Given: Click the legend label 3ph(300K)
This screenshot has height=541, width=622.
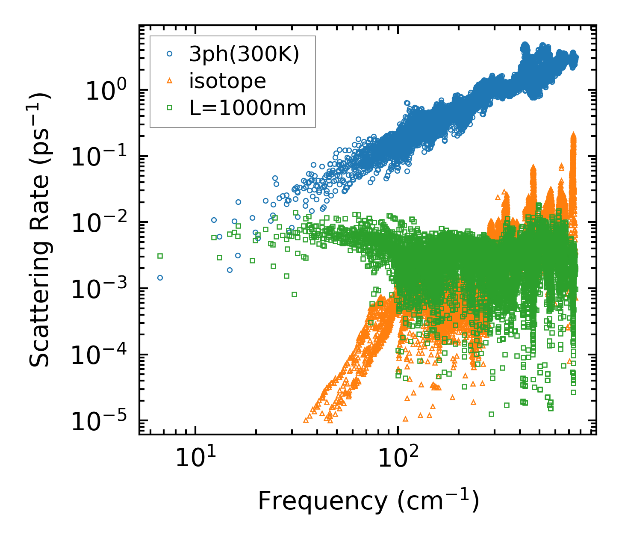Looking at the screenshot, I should [244, 55].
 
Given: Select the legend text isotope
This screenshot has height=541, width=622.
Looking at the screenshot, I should [227, 81].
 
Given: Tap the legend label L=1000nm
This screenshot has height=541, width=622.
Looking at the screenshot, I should [248, 108].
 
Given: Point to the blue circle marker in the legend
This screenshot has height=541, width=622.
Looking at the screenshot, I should [170, 54].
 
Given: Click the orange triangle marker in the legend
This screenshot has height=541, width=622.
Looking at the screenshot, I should [170, 81].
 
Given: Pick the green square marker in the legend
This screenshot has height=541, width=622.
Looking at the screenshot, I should [170, 108].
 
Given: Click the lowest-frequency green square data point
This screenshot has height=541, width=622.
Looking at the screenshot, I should [160, 256].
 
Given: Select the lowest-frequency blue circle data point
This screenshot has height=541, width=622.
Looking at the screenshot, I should [160, 278].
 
